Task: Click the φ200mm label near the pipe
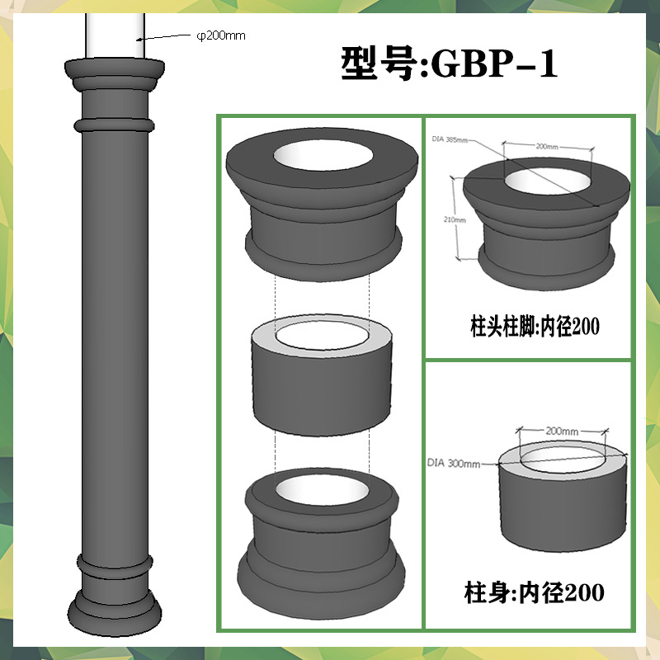point(221,35)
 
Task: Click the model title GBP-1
point(495,64)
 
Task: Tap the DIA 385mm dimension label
point(450,139)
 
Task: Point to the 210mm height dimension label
point(455,219)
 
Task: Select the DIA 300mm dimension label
point(454,463)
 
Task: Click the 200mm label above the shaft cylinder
point(562,431)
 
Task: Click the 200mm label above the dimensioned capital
point(547,147)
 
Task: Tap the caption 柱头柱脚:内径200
point(535,326)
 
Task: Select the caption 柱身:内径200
point(534,592)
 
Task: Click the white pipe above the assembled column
point(115,35)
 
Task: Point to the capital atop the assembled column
point(115,74)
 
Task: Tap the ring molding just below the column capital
point(114,125)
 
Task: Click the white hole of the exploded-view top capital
point(323,154)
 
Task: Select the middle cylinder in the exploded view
point(322,375)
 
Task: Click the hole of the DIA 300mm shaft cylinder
point(562,460)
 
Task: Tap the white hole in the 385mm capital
point(548,181)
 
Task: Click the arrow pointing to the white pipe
point(163,37)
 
